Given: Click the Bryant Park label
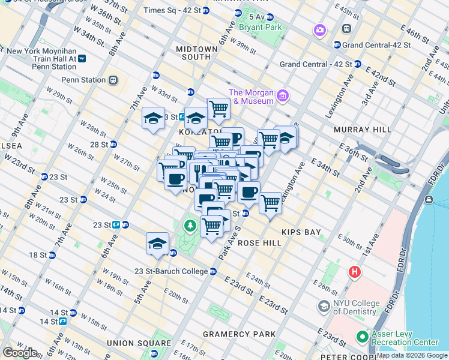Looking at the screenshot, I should coord(260,27).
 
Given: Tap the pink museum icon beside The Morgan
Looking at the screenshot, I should coord(283,95).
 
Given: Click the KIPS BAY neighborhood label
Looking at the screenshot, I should coord(301,232).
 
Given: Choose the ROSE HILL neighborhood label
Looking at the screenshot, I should coord(260,243).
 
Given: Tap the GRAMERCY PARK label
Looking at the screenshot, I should coord(239,334).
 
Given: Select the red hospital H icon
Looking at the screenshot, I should coord(355,272).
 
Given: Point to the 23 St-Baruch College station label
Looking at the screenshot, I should coord(170,271).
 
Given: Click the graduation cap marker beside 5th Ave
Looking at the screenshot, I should coord(157,243).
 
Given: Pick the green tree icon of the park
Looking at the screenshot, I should coord(190,226).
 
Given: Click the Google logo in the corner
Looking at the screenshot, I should coord(20,352).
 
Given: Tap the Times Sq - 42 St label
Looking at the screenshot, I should coord(172,11).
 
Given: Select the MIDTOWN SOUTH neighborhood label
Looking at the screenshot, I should coord(193,53).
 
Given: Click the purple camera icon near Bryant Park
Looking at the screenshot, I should coord(319,30).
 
